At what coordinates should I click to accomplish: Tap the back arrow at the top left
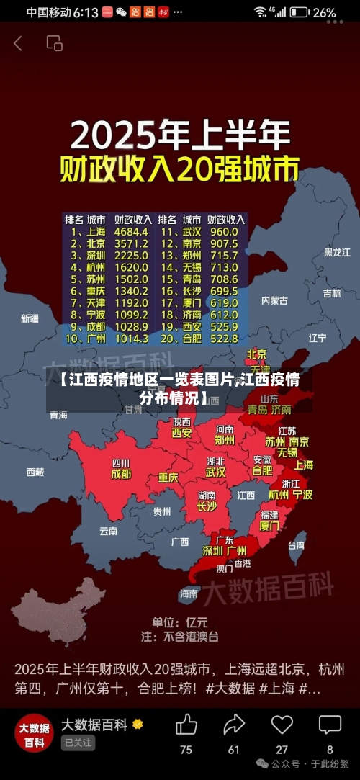tap(18, 43)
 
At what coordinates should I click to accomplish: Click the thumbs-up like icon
tap(186, 725)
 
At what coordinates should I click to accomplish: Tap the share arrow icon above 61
tap(234, 725)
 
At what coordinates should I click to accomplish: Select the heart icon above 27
tap(282, 725)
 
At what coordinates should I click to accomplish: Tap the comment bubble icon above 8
tap(330, 725)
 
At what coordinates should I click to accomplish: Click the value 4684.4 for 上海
tap(131, 232)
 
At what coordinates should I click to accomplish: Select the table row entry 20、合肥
tap(182, 338)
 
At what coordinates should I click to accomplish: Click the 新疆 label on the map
tap(30, 318)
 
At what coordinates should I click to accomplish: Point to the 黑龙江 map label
tap(336, 252)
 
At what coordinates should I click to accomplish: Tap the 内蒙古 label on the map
tap(274, 300)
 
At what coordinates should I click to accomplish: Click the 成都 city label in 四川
tap(120, 475)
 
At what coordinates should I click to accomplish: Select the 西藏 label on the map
tap(35, 472)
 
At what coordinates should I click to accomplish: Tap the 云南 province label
tap(108, 531)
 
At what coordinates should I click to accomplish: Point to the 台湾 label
tap(295, 546)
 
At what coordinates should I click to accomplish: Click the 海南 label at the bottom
tap(189, 593)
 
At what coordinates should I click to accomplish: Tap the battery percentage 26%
tap(324, 12)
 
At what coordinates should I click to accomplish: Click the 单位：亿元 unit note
tap(179, 622)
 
